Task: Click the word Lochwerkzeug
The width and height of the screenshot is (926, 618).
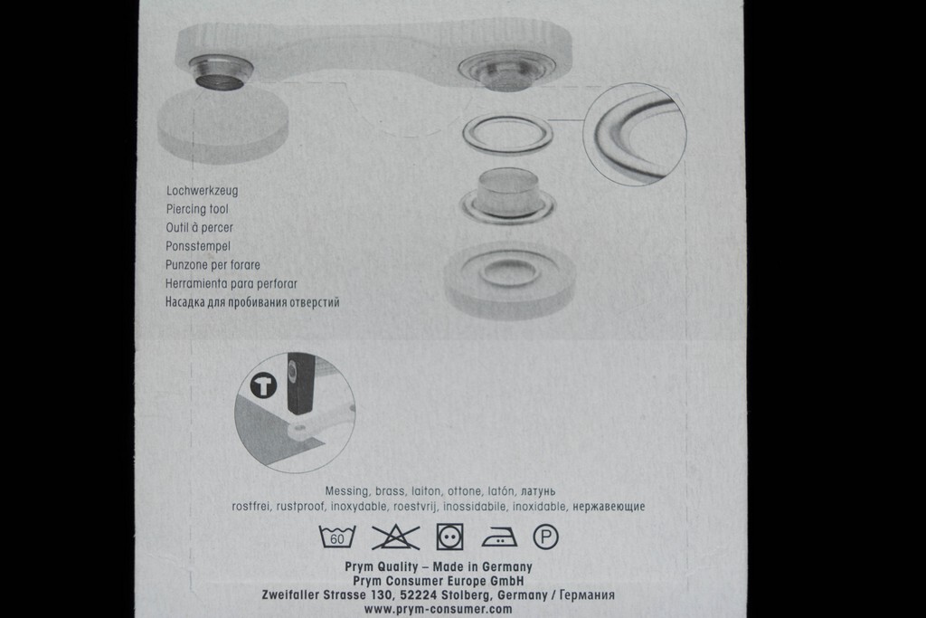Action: pos(202,191)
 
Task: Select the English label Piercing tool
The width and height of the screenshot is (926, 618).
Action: pos(197,209)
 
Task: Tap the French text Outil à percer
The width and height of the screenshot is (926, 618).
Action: pos(200,227)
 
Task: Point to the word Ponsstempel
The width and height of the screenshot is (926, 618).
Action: pos(198,246)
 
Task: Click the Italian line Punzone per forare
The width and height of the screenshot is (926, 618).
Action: pos(213,265)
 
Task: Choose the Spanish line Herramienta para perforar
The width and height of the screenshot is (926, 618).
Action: pos(231,283)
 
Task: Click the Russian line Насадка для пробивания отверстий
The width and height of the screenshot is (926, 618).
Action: pos(253,302)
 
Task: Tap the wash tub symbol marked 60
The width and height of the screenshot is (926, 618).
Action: pos(337,537)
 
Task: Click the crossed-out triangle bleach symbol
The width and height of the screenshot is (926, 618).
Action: pos(396,537)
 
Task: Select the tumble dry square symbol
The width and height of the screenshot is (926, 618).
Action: pos(450,537)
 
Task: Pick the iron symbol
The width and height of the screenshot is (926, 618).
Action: pos(499,537)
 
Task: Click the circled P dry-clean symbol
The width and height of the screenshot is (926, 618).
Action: pos(545,537)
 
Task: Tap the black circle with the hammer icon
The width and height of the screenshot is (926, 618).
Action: pos(263,385)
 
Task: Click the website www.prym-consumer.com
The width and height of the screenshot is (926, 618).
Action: pos(439,609)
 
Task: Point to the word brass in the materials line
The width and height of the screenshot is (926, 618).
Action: pos(390,491)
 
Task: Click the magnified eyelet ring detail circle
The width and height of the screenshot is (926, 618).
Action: pos(634,134)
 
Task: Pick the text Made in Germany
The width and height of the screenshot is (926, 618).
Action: pos(483,567)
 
